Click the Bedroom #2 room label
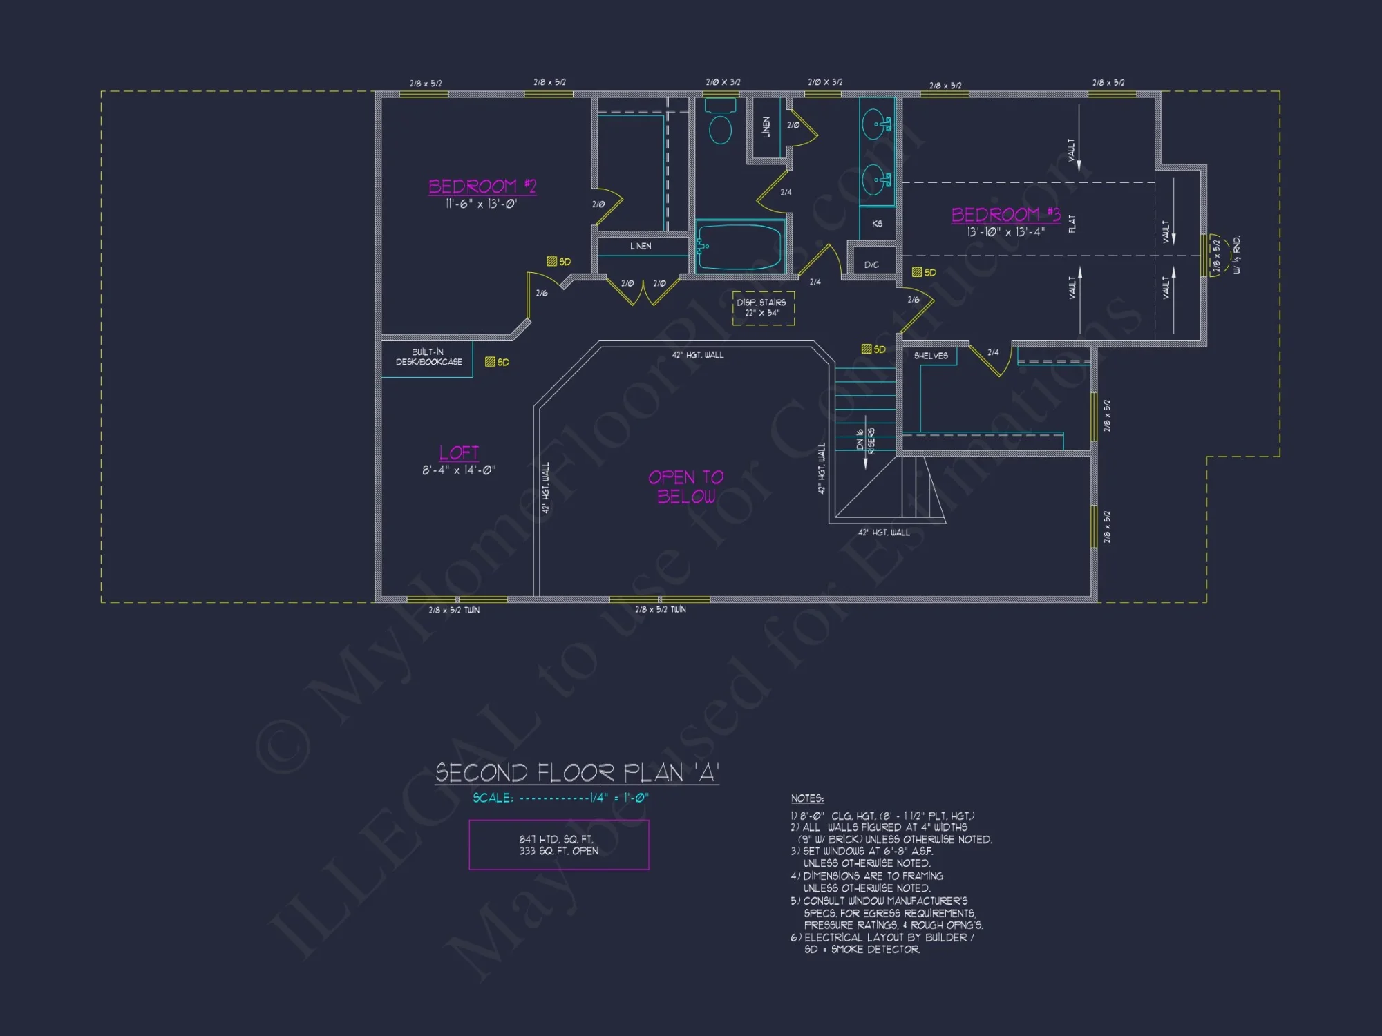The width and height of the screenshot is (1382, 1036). (482, 186)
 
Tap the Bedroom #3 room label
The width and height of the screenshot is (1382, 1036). (1005, 215)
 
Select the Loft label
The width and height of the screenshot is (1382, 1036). (459, 453)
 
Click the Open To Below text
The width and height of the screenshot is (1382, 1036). (686, 487)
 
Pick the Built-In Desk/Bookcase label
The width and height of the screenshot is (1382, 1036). (428, 357)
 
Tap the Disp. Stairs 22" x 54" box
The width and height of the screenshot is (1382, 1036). (763, 308)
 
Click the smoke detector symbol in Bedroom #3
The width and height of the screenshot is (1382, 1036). (917, 272)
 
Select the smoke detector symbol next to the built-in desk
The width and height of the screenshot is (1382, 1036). (490, 362)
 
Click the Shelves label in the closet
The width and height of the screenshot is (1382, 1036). (931, 356)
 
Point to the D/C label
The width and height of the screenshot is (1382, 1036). (871, 265)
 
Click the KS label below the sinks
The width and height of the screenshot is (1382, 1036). (877, 224)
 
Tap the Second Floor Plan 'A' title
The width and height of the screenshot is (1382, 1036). (577, 773)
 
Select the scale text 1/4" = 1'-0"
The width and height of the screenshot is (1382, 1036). (618, 798)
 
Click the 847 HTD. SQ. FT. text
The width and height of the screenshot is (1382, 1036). (556, 839)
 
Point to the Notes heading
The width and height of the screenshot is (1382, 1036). (807, 798)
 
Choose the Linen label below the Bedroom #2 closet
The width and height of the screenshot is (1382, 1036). (641, 246)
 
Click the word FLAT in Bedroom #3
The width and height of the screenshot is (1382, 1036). (1072, 224)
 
